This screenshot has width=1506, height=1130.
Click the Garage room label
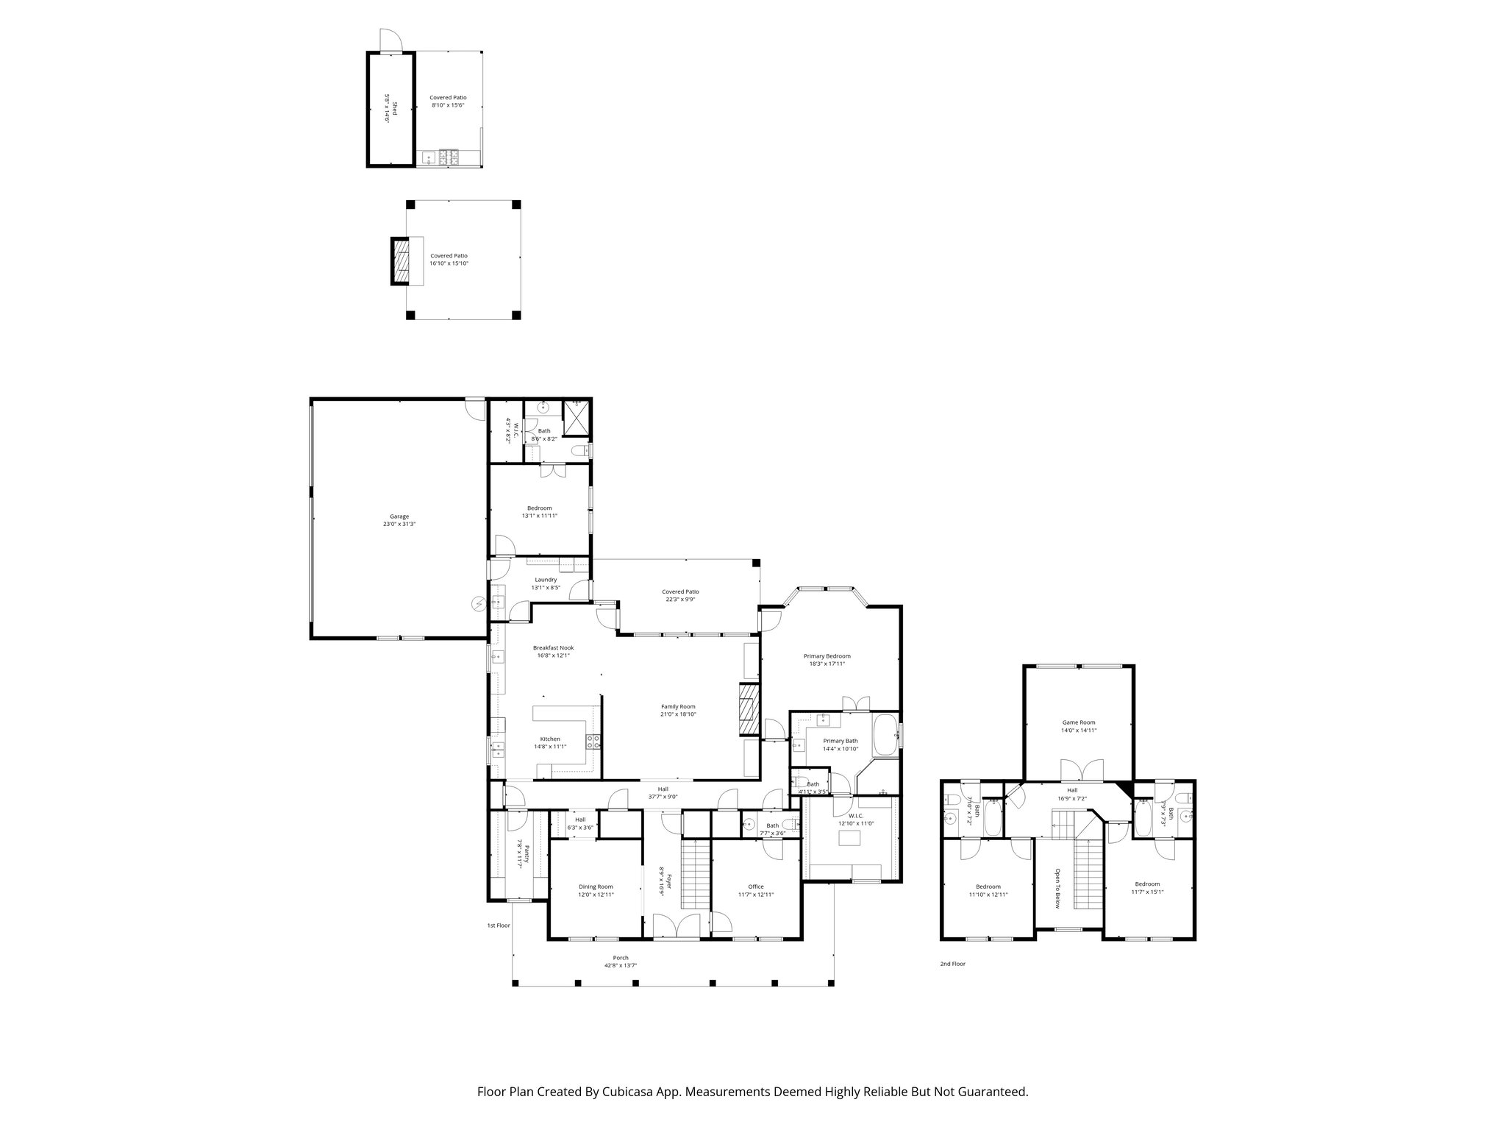(399, 516)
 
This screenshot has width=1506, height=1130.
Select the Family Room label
(677, 706)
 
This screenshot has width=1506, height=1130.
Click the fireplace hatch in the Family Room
(748, 709)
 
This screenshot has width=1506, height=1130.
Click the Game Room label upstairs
(1078, 722)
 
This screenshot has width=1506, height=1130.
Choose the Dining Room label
(595, 886)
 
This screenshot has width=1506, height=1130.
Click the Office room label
(756, 886)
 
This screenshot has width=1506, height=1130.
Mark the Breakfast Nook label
(553, 648)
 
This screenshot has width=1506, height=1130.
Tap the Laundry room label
(546, 580)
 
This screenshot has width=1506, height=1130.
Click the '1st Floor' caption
(498, 925)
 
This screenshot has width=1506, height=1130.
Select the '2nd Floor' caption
(952, 963)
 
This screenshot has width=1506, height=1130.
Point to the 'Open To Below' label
(1057, 889)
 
